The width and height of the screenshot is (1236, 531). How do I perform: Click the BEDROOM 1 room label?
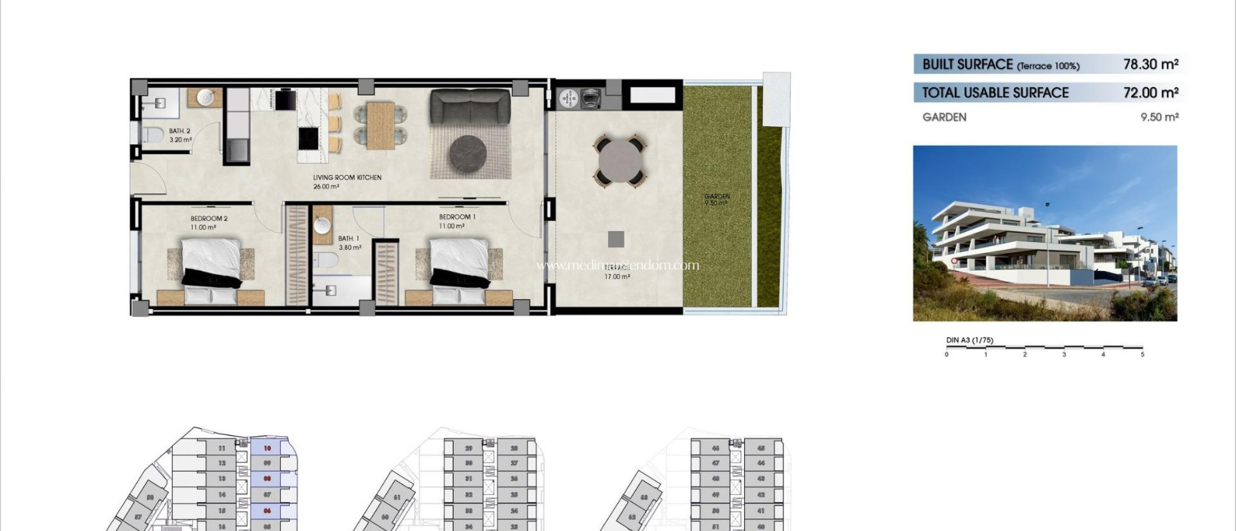coord(457,217)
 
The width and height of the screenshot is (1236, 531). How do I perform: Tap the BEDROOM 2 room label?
coord(209,219)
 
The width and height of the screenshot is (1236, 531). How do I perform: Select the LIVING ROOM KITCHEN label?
coord(347,178)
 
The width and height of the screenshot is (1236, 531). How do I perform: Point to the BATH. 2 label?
coord(180,131)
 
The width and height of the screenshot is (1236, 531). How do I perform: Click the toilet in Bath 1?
coord(326,261)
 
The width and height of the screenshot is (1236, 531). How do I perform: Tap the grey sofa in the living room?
coord(470,107)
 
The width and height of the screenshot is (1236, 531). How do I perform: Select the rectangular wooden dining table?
coord(380,126)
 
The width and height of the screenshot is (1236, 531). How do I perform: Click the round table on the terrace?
coord(620,161)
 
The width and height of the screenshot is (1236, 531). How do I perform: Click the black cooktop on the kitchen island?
coord(308,139)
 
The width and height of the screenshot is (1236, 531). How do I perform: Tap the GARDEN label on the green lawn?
coord(717,196)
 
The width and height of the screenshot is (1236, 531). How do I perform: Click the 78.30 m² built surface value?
coord(1150,64)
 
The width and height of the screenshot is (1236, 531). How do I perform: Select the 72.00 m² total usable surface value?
coord(1150,92)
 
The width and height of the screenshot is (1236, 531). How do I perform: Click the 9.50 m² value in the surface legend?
coord(1159,117)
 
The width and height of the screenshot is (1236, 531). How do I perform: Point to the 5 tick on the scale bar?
coord(1142,354)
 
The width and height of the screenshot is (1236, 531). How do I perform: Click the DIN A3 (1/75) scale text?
coord(969,340)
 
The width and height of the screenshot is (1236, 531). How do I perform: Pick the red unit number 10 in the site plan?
coord(267,448)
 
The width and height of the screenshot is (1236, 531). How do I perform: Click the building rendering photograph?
coord(1045,233)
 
